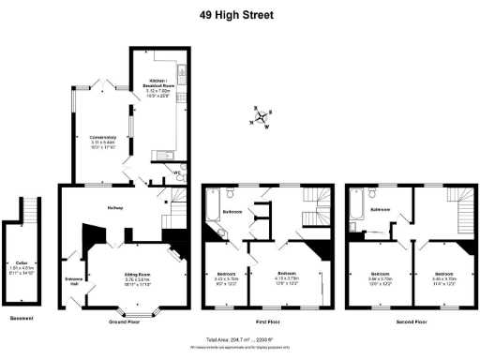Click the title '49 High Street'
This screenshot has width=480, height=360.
[239, 14]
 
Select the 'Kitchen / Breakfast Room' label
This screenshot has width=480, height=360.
[157, 79]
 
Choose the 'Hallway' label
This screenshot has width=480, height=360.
[114, 207]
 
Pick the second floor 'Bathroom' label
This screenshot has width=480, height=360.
[380, 210]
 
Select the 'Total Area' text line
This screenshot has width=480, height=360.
[240, 339]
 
